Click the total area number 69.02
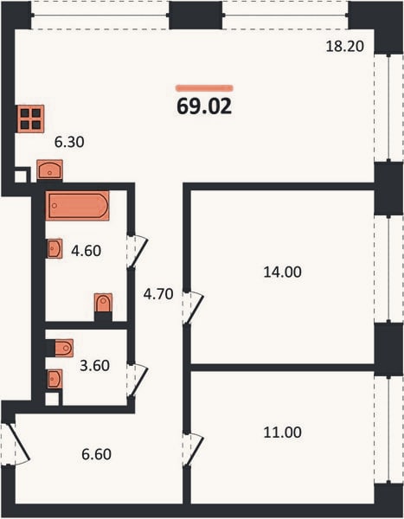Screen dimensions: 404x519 point(204,106)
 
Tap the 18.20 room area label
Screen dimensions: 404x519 point(344,46)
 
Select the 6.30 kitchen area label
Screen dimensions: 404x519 point(69,142)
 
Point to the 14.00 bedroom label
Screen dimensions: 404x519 point(283,272)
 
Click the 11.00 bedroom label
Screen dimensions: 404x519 point(283,432)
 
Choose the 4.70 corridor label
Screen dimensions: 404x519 point(158,294)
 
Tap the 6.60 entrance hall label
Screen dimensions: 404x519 point(96,454)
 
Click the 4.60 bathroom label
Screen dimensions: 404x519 point(87,251)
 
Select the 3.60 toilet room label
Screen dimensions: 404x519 point(94,366)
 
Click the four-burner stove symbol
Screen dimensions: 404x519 point(31,119)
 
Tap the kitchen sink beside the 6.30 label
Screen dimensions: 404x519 point(49,170)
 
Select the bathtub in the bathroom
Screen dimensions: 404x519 point(78,206)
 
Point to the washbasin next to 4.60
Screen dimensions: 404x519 point(55,248)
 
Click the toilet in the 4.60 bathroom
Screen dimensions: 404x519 point(103,303)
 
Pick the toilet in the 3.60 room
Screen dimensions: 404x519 point(64,349)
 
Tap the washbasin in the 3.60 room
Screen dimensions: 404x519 point(55,379)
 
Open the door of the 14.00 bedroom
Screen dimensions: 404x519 point(193,308)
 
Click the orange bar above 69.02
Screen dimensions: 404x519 point(204,88)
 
